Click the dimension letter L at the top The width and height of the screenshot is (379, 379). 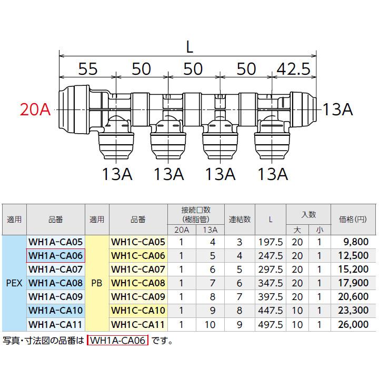(189, 47)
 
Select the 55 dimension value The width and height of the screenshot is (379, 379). (88, 69)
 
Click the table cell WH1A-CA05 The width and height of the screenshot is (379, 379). (55, 242)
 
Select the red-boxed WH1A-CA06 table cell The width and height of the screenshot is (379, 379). (55, 256)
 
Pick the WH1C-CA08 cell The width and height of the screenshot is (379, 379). (138, 283)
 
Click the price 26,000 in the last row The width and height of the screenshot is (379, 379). (351, 324)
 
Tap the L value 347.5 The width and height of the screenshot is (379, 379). (271, 283)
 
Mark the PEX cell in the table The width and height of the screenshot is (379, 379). (14, 283)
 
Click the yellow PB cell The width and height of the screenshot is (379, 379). (96, 283)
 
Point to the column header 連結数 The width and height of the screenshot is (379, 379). (240, 220)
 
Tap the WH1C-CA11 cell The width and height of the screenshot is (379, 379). (138, 324)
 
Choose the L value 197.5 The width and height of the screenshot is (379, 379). (271, 242)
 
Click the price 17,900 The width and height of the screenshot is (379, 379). (351, 283)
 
